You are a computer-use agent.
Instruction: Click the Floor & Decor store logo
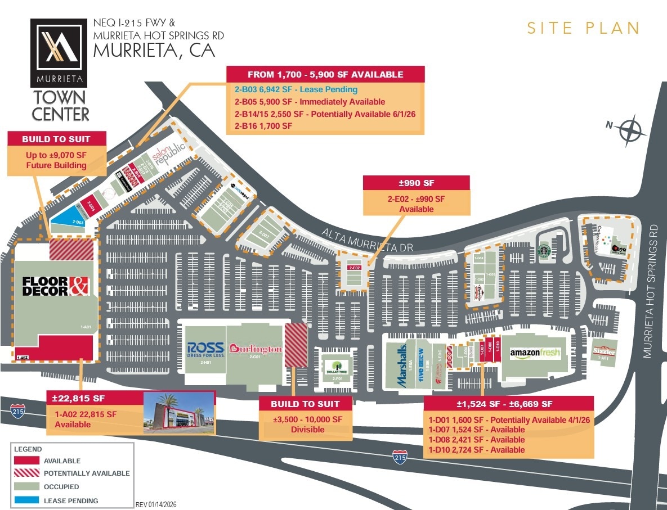click(x=56, y=286)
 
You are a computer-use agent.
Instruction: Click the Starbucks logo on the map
click(x=543, y=251)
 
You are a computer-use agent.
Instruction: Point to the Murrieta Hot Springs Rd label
click(x=652, y=291)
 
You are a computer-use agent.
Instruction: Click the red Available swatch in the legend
click(x=26, y=461)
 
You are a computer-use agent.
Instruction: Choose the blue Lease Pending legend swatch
click(x=26, y=500)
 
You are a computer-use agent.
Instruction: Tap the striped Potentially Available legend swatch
click(x=26, y=473)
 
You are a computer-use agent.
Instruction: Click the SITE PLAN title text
click(x=583, y=28)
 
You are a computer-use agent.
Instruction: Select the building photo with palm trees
click(x=179, y=412)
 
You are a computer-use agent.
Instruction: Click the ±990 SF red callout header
click(x=416, y=183)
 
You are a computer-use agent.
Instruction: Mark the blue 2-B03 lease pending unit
click(x=72, y=219)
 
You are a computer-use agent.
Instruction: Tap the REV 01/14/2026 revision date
click(x=156, y=504)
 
